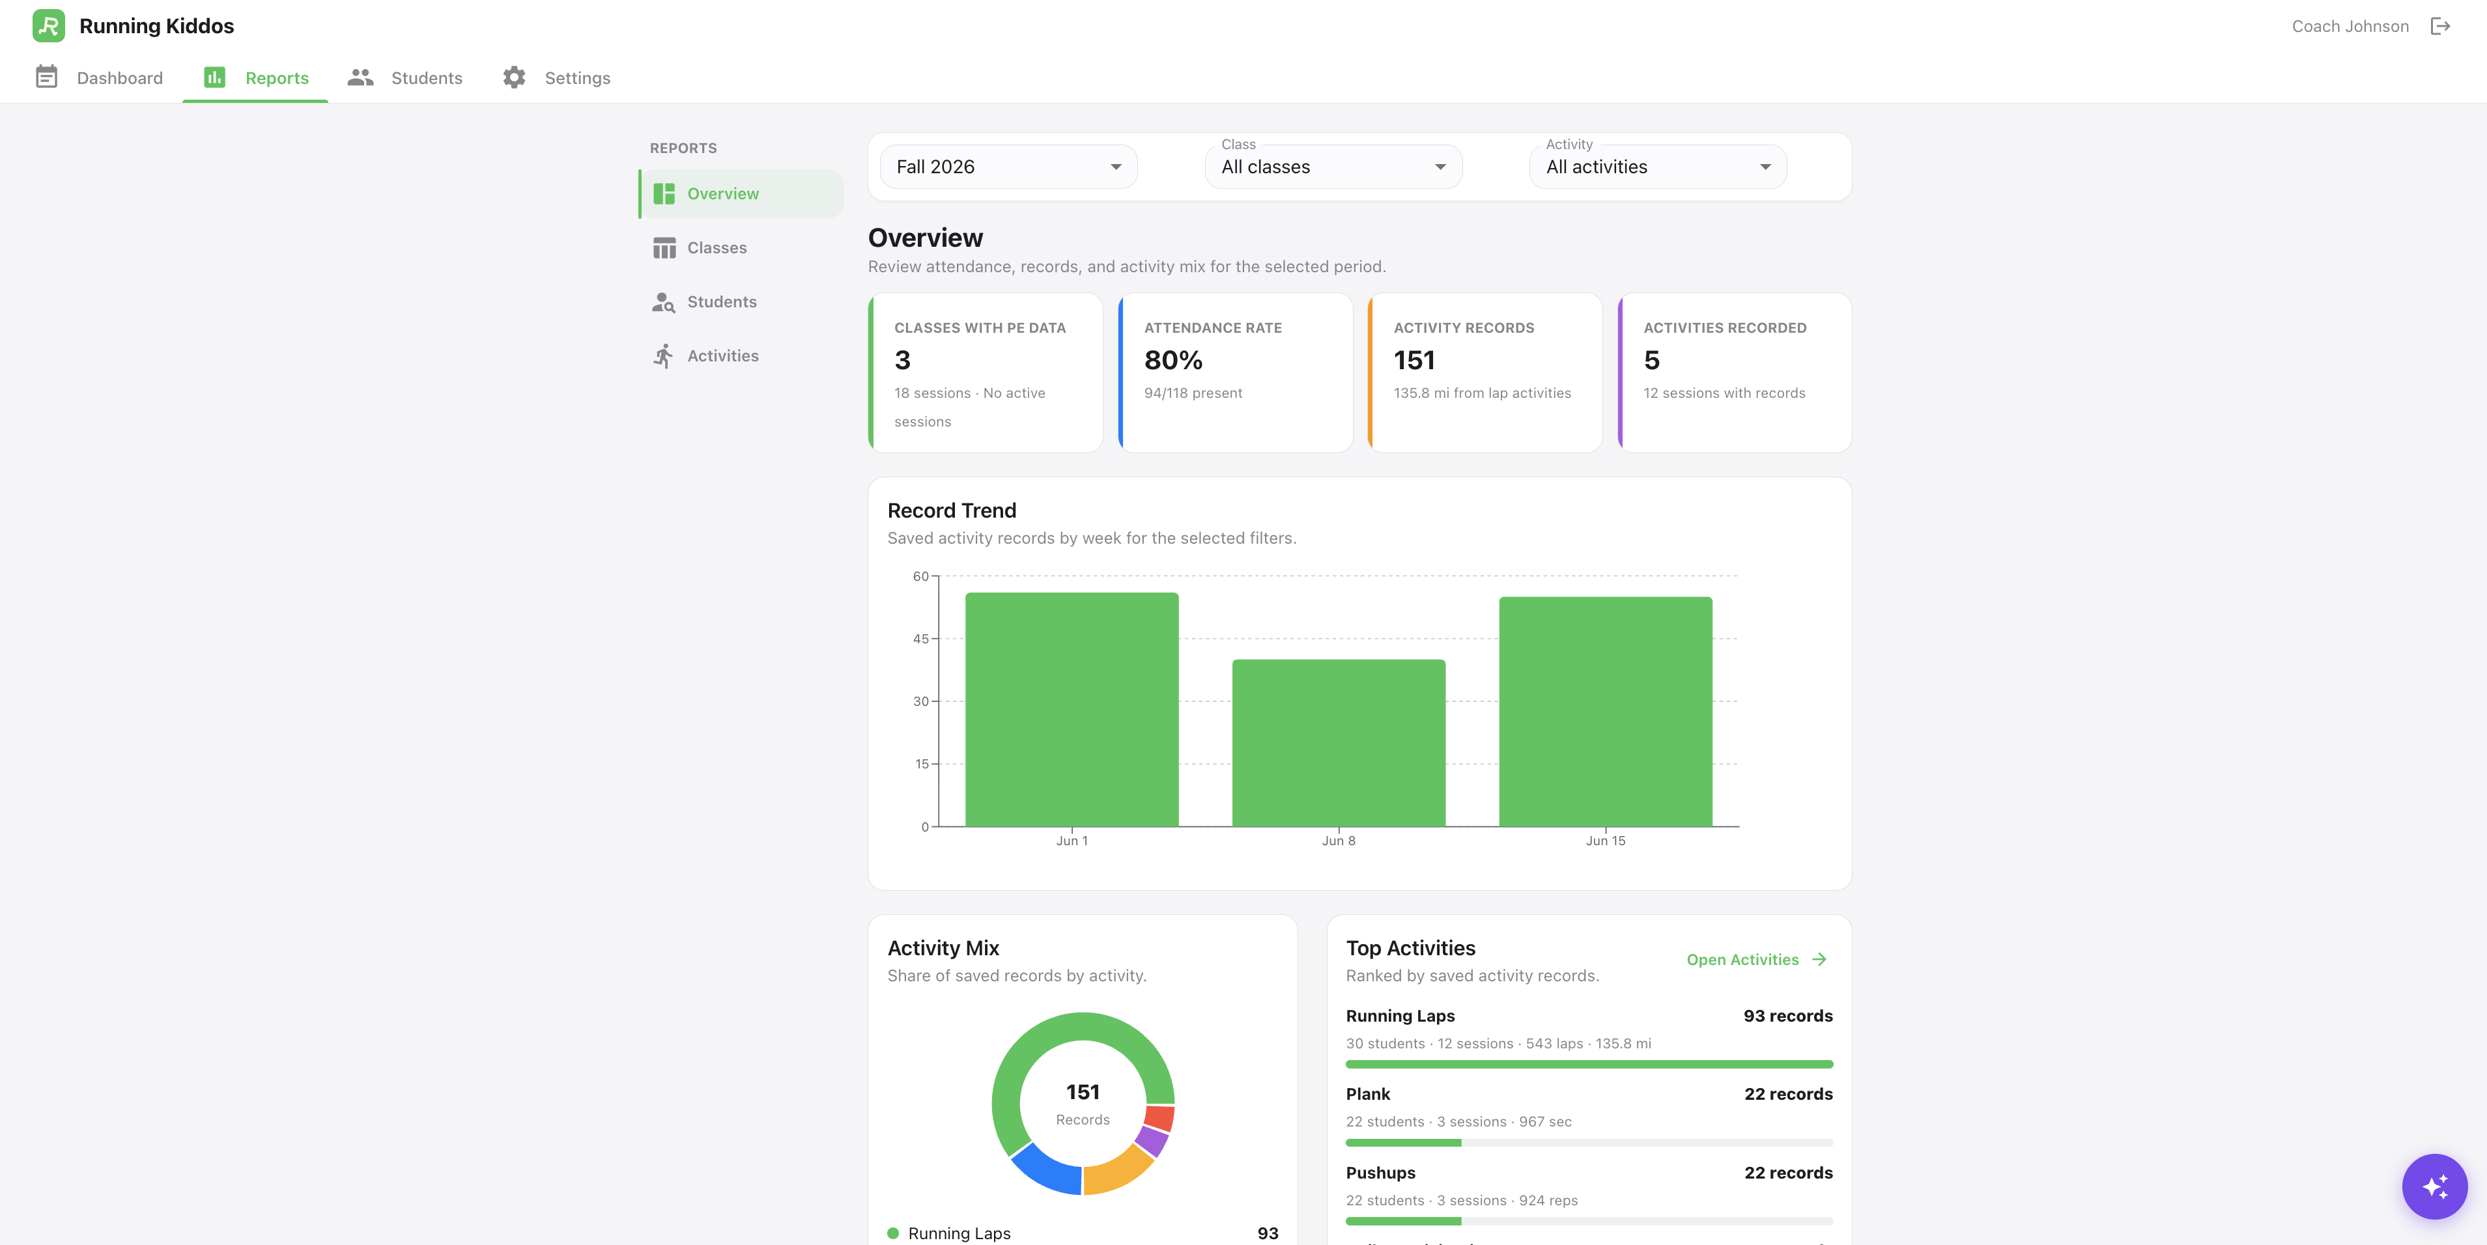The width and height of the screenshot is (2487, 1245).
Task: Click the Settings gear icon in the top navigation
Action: [x=513, y=77]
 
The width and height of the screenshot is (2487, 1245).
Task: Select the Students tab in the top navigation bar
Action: [x=405, y=77]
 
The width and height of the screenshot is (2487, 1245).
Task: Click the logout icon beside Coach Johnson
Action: [x=2439, y=26]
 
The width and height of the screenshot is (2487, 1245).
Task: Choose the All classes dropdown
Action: [x=1333, y=167]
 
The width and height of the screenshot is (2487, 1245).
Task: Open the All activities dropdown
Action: [x=1658, y=167]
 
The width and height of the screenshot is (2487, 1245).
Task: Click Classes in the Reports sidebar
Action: [x=717, y=248]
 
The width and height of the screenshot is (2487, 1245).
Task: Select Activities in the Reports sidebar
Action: [x=722, y=356]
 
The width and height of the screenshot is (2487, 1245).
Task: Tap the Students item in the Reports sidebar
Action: [x=721, y=302]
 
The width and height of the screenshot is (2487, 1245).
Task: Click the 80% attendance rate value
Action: [x=1173, y=360]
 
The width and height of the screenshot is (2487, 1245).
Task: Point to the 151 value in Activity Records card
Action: [x=1414, y=360]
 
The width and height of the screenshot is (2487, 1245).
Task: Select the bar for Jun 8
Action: [x=1338, y=743]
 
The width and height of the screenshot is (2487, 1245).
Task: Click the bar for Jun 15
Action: [x=1604, y=711]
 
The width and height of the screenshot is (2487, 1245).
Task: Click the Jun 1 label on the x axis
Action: [x=1072, y=841]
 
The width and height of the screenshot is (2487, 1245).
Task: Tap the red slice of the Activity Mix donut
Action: [x=1159, y=1117]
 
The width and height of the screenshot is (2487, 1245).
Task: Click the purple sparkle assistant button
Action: [x=2434, y=1186]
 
